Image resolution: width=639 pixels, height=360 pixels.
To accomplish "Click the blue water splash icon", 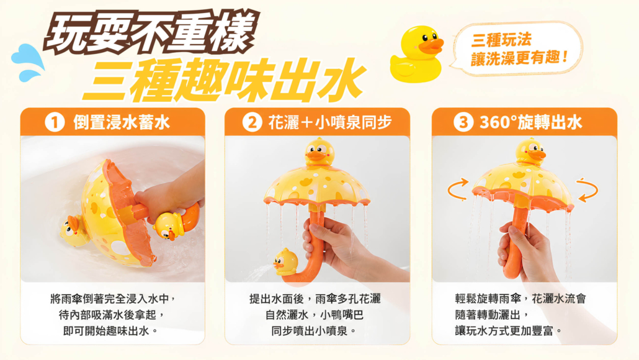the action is coord(28,62).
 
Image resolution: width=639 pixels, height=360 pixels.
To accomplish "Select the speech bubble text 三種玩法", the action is coord(501,40).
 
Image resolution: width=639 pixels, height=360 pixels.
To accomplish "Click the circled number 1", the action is coord(55,122).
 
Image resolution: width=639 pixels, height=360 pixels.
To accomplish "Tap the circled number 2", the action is coord(252,122).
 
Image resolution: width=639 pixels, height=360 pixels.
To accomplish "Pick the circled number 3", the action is coord(463,122).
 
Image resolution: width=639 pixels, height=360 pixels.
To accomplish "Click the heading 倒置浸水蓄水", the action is coord(122,122).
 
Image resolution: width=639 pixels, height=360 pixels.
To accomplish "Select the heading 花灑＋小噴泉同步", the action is coord(330,122).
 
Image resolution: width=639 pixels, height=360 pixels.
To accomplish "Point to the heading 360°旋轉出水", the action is coord(531,122).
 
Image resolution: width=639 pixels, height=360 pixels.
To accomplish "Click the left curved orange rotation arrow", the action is coord(458,189).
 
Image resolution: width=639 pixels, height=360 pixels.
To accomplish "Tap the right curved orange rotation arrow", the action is coord(588,189).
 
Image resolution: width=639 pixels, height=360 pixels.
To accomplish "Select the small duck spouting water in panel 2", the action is coord(285,262).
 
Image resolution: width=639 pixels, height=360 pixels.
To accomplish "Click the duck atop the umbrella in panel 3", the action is coord(530,151).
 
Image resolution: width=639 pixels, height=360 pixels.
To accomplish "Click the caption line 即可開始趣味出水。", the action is coord(111,331).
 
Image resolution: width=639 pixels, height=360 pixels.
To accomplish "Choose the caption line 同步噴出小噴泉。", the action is coord(314,331).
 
